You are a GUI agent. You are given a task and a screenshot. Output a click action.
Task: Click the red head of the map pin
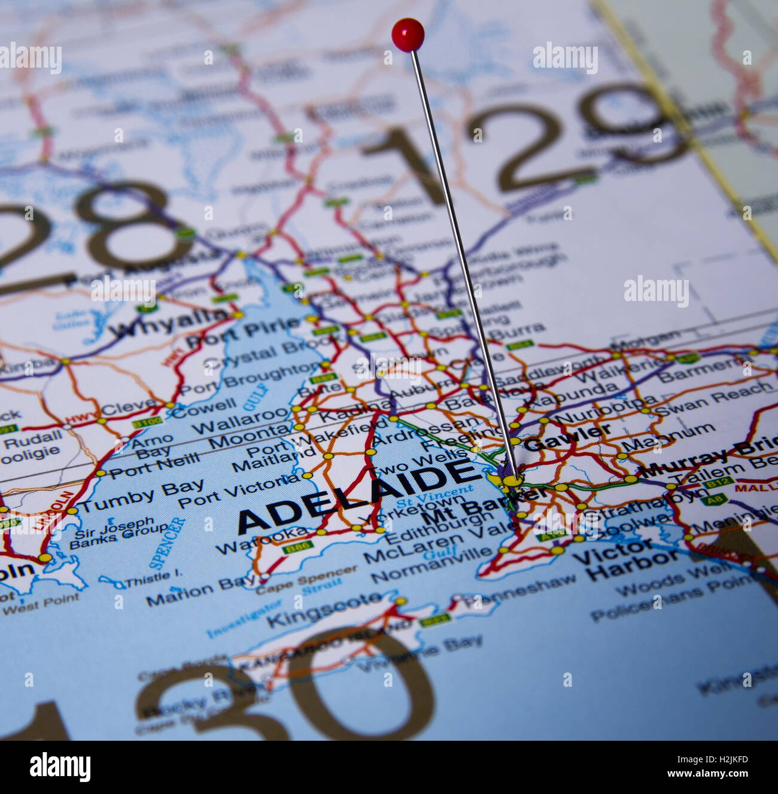(x=408, y=33)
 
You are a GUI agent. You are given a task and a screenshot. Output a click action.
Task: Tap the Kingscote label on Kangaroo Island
(x=324, y=609)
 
